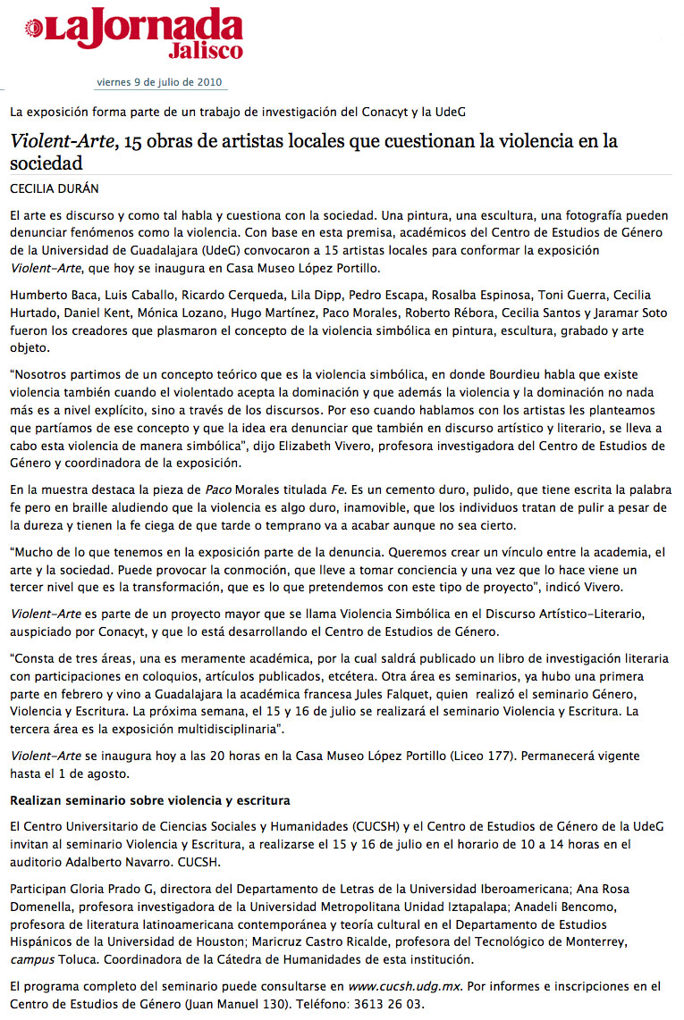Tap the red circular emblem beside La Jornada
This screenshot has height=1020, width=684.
click(x=34, y=31)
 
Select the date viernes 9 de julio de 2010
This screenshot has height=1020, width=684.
click(x=161, y=83)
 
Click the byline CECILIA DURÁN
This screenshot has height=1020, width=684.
click(x=55, y=188)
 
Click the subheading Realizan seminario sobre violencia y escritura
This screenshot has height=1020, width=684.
click(x=149, y=798)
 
